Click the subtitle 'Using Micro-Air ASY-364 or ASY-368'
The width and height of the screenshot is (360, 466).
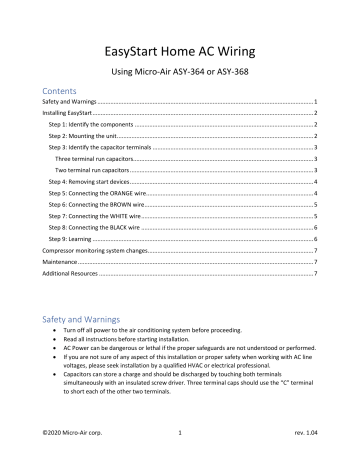pyautogui.click(x=180, y=73)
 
